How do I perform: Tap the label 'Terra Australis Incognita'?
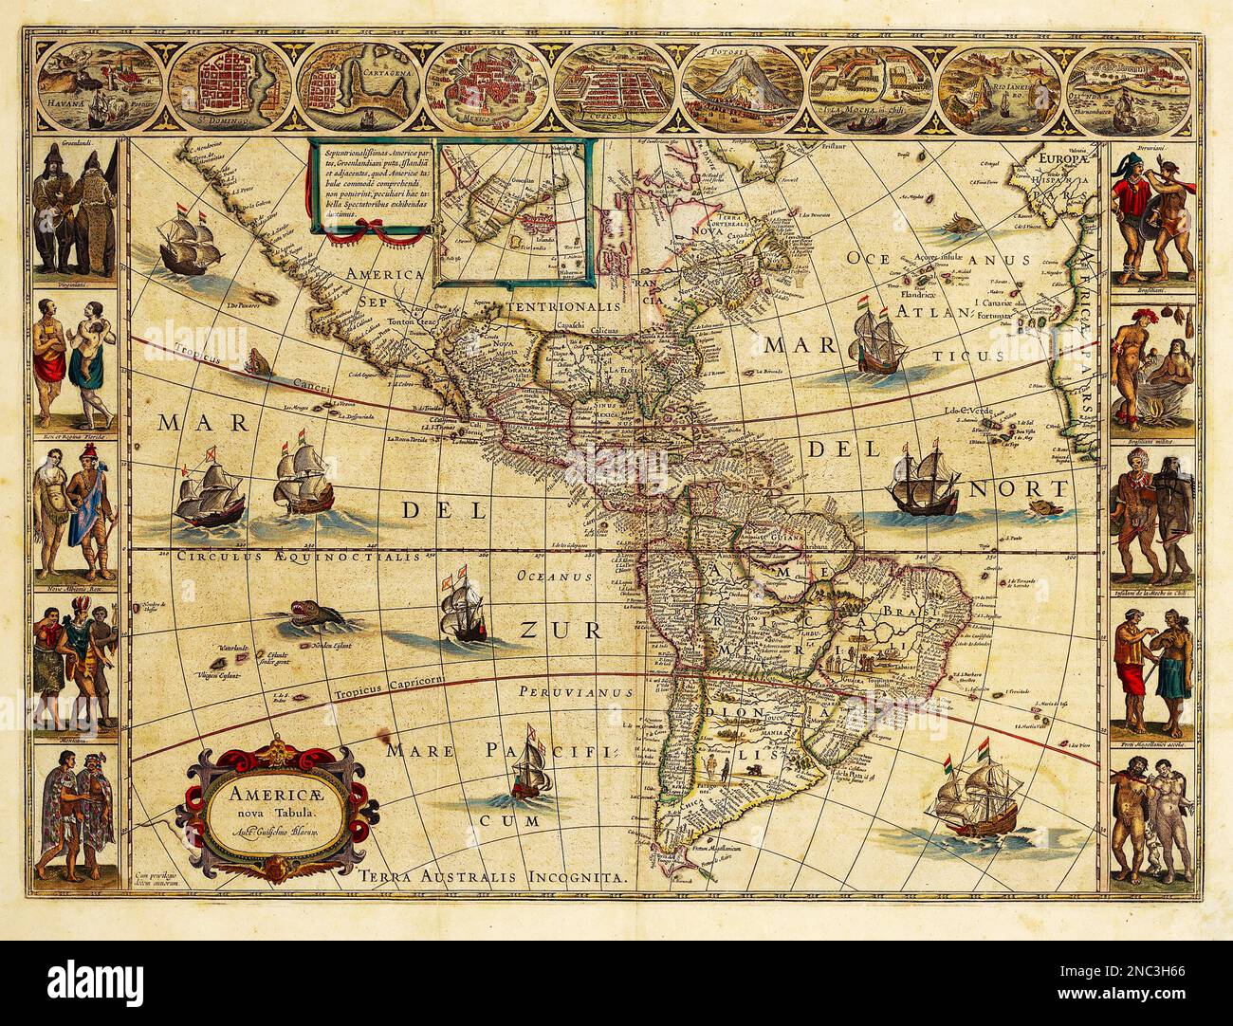tap(493, 877)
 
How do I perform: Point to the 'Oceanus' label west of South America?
tap(553, 576)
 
